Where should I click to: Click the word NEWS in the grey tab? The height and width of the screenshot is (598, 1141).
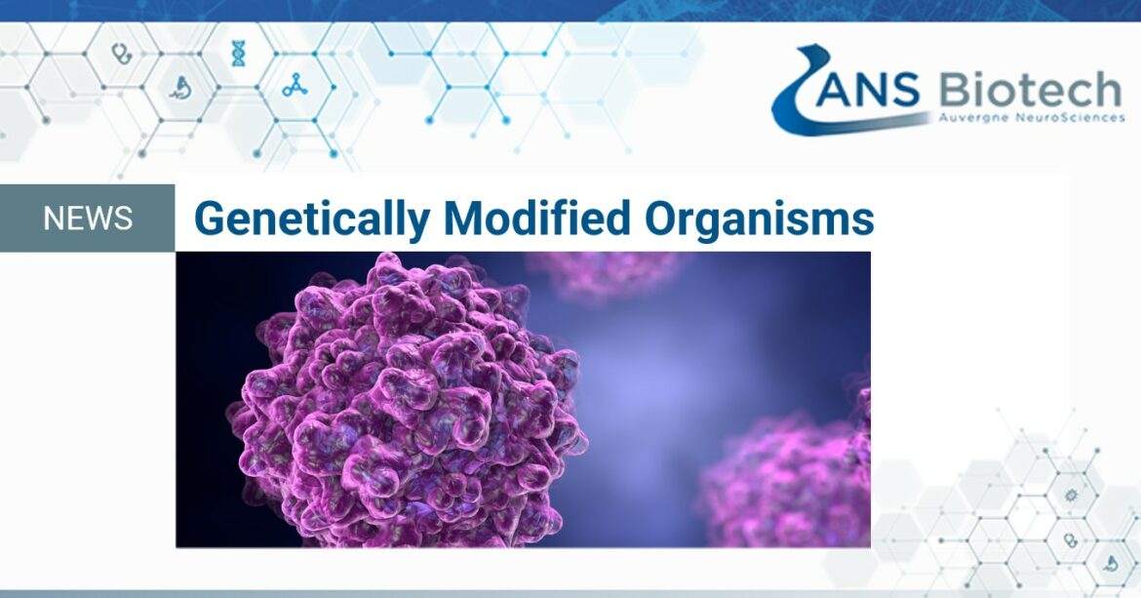[x=88, y=219]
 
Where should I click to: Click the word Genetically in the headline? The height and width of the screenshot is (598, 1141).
[x=311, y=219]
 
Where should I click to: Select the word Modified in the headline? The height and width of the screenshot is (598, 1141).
[x=536, y=218]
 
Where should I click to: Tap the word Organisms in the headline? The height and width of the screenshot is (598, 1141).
[x=759, y=219]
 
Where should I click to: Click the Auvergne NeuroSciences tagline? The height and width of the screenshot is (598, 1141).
[x=1031, y=117]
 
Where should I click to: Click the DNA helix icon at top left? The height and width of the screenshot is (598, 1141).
[x=239, y=53]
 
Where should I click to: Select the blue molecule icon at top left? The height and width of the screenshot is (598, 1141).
[x=295, y=86]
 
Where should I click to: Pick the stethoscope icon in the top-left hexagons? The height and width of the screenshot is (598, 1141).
[x=122, y=54]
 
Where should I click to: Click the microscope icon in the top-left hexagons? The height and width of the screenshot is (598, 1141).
[x=180, y=88]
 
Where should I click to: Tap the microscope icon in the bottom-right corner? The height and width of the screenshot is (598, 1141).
[x=1111, y=562]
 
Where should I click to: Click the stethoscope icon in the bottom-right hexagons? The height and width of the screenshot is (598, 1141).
[x=1071, y=540]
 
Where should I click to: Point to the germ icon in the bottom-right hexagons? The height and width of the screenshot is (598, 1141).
[x=1071, y=497]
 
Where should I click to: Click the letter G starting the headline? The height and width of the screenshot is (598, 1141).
[x=208, y=219]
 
